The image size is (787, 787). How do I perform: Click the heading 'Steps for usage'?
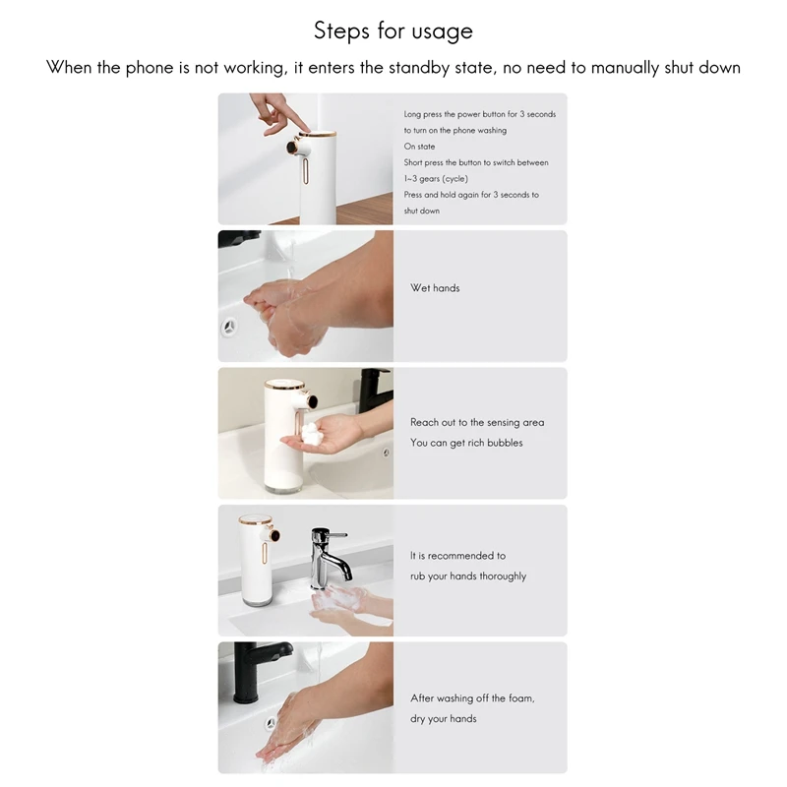(x=393, y=31)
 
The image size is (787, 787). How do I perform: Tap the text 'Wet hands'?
(x=435, y=288)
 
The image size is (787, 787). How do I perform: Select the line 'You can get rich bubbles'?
(x=466, y=443)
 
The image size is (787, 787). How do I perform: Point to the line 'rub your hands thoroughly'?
(x=468, y=576)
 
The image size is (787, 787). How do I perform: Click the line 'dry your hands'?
(x=444, y=719)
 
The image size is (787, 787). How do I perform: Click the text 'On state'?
(x=419, y=147)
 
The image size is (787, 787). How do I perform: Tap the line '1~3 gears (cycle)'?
(x=436, y=179)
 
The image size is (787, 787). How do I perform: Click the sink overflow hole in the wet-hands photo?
(x=229, y=328)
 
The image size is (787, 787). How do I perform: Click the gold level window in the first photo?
(x=306, y=170)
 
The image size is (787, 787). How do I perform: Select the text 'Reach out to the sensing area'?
(x=477, y=423)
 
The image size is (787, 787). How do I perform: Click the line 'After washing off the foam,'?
(x=472, y=698)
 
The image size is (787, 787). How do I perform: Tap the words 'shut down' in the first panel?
(x=422, y=211)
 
